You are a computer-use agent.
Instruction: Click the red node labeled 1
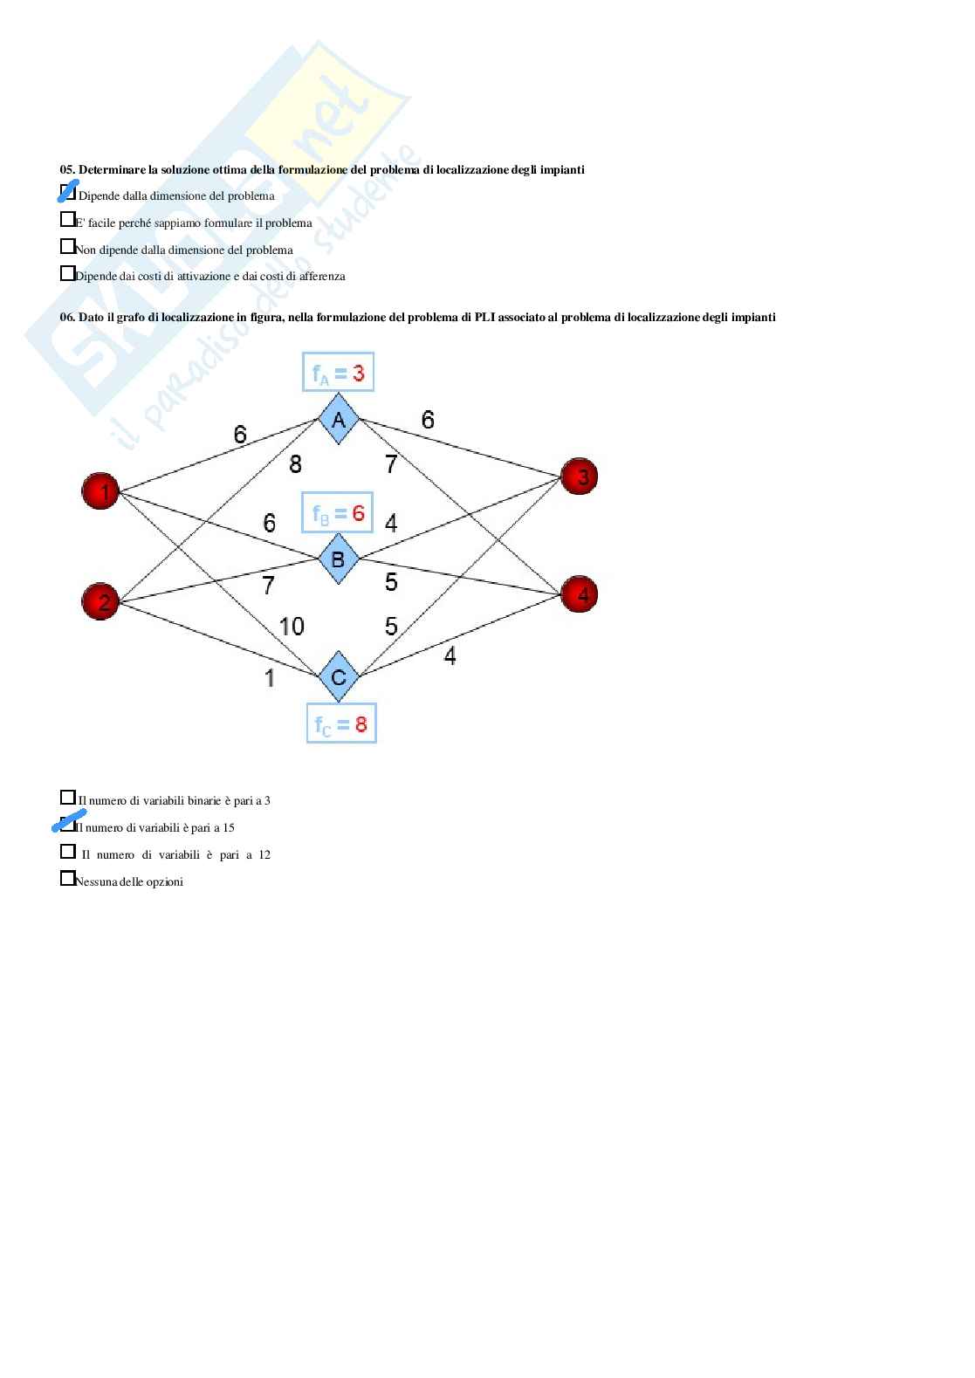click(x=100, y=491)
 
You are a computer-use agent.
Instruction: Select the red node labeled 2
click(x=100, y=601)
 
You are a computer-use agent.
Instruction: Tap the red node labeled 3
click(x=579, y=476)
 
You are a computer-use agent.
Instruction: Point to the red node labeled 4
click(x=579, y=594)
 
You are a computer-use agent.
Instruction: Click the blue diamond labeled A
click(x=339, y=420)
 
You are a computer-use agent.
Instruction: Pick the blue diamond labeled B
click(x=339, y=559)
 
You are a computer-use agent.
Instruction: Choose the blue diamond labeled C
click(x=339, y=676)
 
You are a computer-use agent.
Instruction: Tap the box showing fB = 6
click(x=339, y=512)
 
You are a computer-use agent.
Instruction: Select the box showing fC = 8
click(x=341, y=723)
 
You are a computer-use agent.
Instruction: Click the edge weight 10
click(x=292, y=626)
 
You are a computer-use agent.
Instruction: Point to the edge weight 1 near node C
click(x=270, y=677)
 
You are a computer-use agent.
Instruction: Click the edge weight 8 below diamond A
click(x=295, y=464)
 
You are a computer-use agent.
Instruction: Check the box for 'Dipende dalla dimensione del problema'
click(x=67, y=191)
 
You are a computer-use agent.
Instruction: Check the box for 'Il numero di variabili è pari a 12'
click(x=67, y=851)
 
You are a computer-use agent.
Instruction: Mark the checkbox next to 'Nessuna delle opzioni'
click(x=67, y=878)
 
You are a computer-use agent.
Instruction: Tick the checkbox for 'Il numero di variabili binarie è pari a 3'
click(x=67, y=797)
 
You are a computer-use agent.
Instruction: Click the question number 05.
click(x=67, y=169)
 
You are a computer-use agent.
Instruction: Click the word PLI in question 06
click(x=485, y=317)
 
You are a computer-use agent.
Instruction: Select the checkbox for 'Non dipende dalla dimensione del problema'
click(x=67, y=246)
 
